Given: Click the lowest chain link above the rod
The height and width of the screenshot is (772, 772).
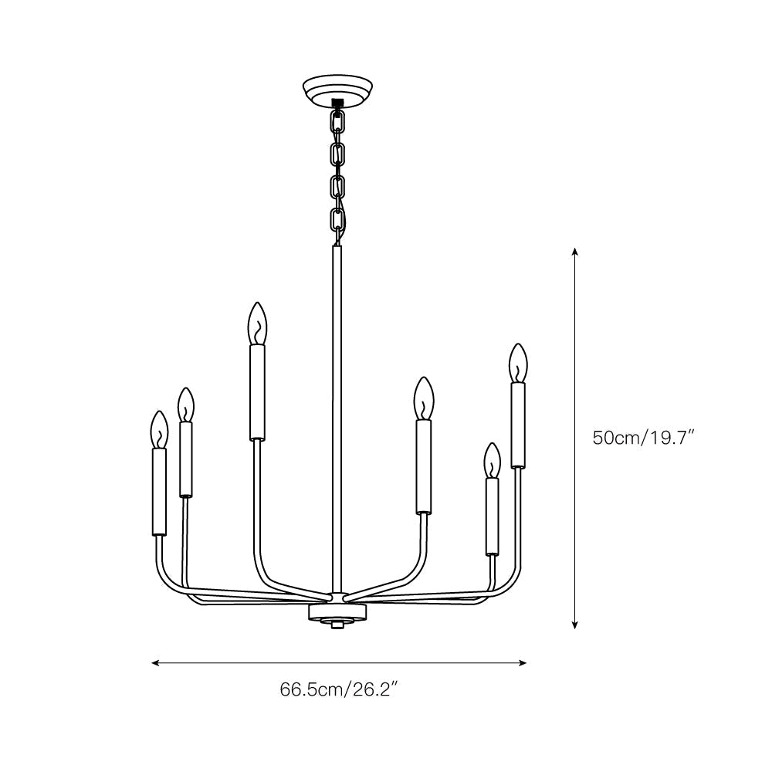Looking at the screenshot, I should [337, 221].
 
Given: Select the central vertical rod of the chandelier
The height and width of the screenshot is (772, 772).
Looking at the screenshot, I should [337, 417].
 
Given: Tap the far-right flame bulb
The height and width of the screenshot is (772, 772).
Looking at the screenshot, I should [518, 362].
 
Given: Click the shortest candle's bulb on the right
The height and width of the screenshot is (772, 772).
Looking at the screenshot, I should [492, 461].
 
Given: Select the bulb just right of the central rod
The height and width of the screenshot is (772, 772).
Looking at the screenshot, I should [424, 398].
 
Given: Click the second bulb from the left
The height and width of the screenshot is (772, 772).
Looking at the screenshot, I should [185, 405].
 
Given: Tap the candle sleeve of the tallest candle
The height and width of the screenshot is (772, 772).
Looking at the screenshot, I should [257, 392].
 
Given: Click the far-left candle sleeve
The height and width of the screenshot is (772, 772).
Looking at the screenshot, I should [159, 492].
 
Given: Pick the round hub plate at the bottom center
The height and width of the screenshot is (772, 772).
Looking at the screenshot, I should [337, 611].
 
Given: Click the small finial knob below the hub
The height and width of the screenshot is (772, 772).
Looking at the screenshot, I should [337, 625].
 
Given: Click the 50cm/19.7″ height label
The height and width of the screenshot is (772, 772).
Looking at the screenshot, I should [644, 438].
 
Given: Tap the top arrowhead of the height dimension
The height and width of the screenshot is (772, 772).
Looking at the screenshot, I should [575, 252].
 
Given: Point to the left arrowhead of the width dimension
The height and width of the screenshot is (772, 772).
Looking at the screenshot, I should [155, 662].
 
